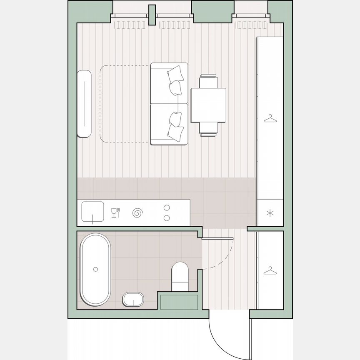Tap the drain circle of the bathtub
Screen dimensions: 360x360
click(x=95, y=270)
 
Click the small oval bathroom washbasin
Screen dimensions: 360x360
click(x=133, y=299)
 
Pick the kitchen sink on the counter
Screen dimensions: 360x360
click(x=92, y=212)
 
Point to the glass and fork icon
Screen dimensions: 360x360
click(x=115, y=212)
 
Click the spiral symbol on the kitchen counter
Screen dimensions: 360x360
click(x=137, y=213)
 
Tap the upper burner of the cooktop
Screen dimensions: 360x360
click(x=166, y=207)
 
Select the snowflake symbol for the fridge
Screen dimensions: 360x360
click(x=270, y=213)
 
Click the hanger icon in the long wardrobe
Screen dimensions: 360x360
click(x=270, y=119)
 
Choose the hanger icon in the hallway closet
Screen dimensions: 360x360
click(x=270, y=270)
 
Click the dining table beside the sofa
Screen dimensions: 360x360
click(x=208, y=105)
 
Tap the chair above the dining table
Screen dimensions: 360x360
click(x=208, y=81)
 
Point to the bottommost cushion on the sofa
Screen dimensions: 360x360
click(x=175, y=132)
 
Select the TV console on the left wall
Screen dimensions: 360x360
click(x=84, y=103)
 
